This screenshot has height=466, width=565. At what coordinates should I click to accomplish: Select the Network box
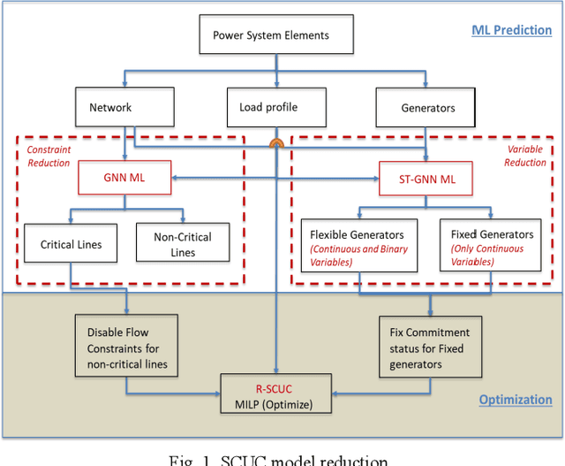point(109,108)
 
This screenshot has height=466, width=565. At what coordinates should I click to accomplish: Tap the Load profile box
point(268,108)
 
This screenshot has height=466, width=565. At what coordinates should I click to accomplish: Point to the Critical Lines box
point(72,244)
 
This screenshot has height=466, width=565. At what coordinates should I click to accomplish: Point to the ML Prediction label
point(511,29)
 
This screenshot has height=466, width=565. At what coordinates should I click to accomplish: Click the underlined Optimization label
point(516,400)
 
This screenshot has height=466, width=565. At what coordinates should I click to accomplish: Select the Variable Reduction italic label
point(524,156)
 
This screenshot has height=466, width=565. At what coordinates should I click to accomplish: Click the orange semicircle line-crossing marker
point(277,142)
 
